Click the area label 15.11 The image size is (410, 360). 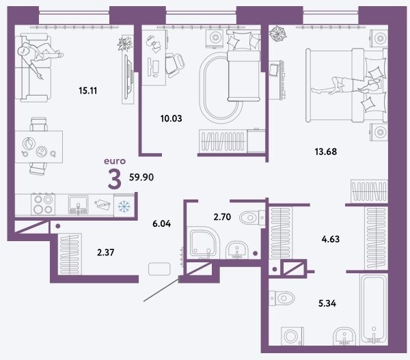coord(88,91)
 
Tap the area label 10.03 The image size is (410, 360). coord(172,118)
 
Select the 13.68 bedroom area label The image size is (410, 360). coord(326,152)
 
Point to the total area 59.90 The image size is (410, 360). coord(141,177)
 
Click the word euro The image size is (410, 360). coord(115,161)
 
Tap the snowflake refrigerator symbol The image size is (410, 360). coord(124,206)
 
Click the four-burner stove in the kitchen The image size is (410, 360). coord(43,204)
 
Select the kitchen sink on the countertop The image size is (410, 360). coord(78,205)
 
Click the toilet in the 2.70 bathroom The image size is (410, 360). coord(252,217)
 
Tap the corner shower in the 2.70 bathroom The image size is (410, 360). coord(204,243)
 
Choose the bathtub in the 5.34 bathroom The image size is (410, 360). coord(374,309)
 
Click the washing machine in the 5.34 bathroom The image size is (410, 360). coord(292,336)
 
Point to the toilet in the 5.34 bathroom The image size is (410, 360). coord(282,298)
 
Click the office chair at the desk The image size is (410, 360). coord(175,65)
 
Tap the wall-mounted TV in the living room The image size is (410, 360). coord(128,77)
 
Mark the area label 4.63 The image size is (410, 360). coord(331,239)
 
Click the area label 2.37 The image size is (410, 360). coord(106,253)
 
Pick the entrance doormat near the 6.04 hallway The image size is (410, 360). coord(159,269)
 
